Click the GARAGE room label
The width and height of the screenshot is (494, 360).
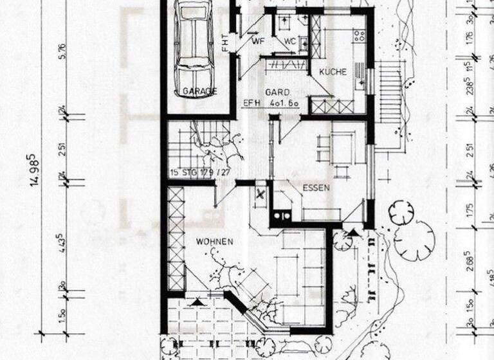(x=199, y=91)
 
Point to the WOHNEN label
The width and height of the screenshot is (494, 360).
(x=214, y=241)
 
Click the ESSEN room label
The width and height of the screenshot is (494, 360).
(x=316, y=188)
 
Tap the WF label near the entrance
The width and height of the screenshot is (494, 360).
(x=259, y=42)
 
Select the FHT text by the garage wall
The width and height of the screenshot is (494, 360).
(x=224, y=42)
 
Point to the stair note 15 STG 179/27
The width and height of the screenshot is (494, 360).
(x=201, y=172)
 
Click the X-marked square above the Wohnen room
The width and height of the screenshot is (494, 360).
(x=260, y=193)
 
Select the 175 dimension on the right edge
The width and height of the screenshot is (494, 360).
(x=470, y=210)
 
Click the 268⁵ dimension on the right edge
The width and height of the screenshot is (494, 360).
(x=470, y=265)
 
